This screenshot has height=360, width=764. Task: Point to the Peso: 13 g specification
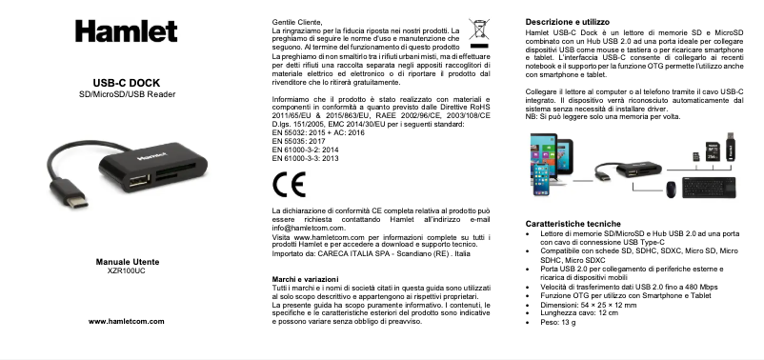click(x=561, y=323)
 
